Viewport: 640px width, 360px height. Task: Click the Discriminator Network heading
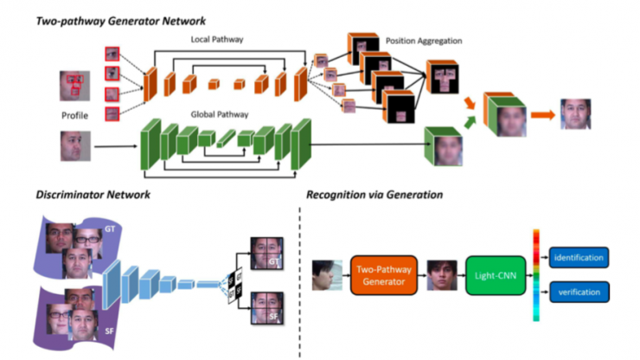coord(93,195)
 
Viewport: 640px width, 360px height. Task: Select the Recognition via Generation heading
coord(374,195)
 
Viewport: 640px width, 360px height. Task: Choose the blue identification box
coord(579,257)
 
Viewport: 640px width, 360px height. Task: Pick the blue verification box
coord(579,292)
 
